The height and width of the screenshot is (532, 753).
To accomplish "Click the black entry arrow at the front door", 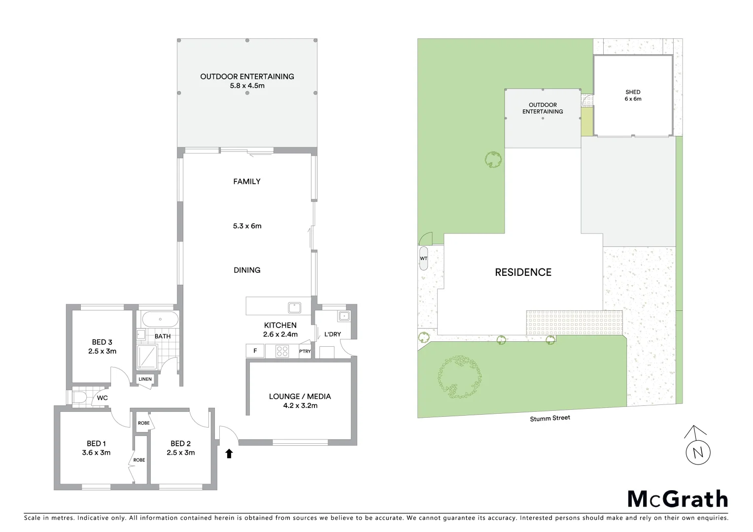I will (x=229, y=453).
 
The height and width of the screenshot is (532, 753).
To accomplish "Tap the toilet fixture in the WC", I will (x=79, y=398).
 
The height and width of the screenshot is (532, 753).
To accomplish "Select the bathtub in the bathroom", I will (x=160, y=320).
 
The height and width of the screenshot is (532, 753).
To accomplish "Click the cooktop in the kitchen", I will (x=282, y=351).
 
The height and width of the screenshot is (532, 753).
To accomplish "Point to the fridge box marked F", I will (x=255, y=351).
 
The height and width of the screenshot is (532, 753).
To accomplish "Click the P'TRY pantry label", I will (x=305, y=351).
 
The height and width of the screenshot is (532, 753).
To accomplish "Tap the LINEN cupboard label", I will (x=145, y=379).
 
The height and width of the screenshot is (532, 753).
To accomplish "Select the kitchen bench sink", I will (x=295, y=307).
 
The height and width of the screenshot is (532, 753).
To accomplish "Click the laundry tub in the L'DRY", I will (x=343, y=316).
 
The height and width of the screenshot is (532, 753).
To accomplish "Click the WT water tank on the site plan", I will (x=423, y=259).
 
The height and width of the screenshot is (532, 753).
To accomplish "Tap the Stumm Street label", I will (x=550, y=418).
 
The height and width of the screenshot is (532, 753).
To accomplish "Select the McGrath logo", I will (x=678, y=499).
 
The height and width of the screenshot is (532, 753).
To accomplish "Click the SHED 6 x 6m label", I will (x=633, y=96).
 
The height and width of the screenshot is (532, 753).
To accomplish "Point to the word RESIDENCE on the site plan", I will (x=523, y=272).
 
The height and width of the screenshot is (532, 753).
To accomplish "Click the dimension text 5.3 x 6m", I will (x=247, y=226).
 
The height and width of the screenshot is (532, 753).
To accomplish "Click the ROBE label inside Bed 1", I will (x=139, y=460).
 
